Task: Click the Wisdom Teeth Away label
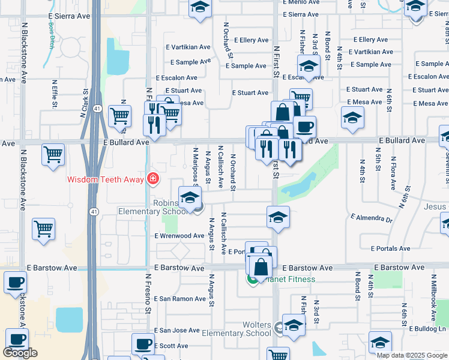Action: (x=105, y=179)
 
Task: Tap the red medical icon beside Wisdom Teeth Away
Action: (x=152, y=179)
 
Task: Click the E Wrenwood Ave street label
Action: (x=180, y=236)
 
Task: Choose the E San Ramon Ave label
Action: (x=180, y=299)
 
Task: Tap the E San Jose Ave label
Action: (x=177, y=331)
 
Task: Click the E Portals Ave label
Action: (x=390, y=248)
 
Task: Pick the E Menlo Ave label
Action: (x=301, y=2)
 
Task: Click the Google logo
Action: (x=20, y=353)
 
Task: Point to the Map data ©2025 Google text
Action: (x=411, y=355)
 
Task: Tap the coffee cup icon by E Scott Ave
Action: (x=143, y=343)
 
